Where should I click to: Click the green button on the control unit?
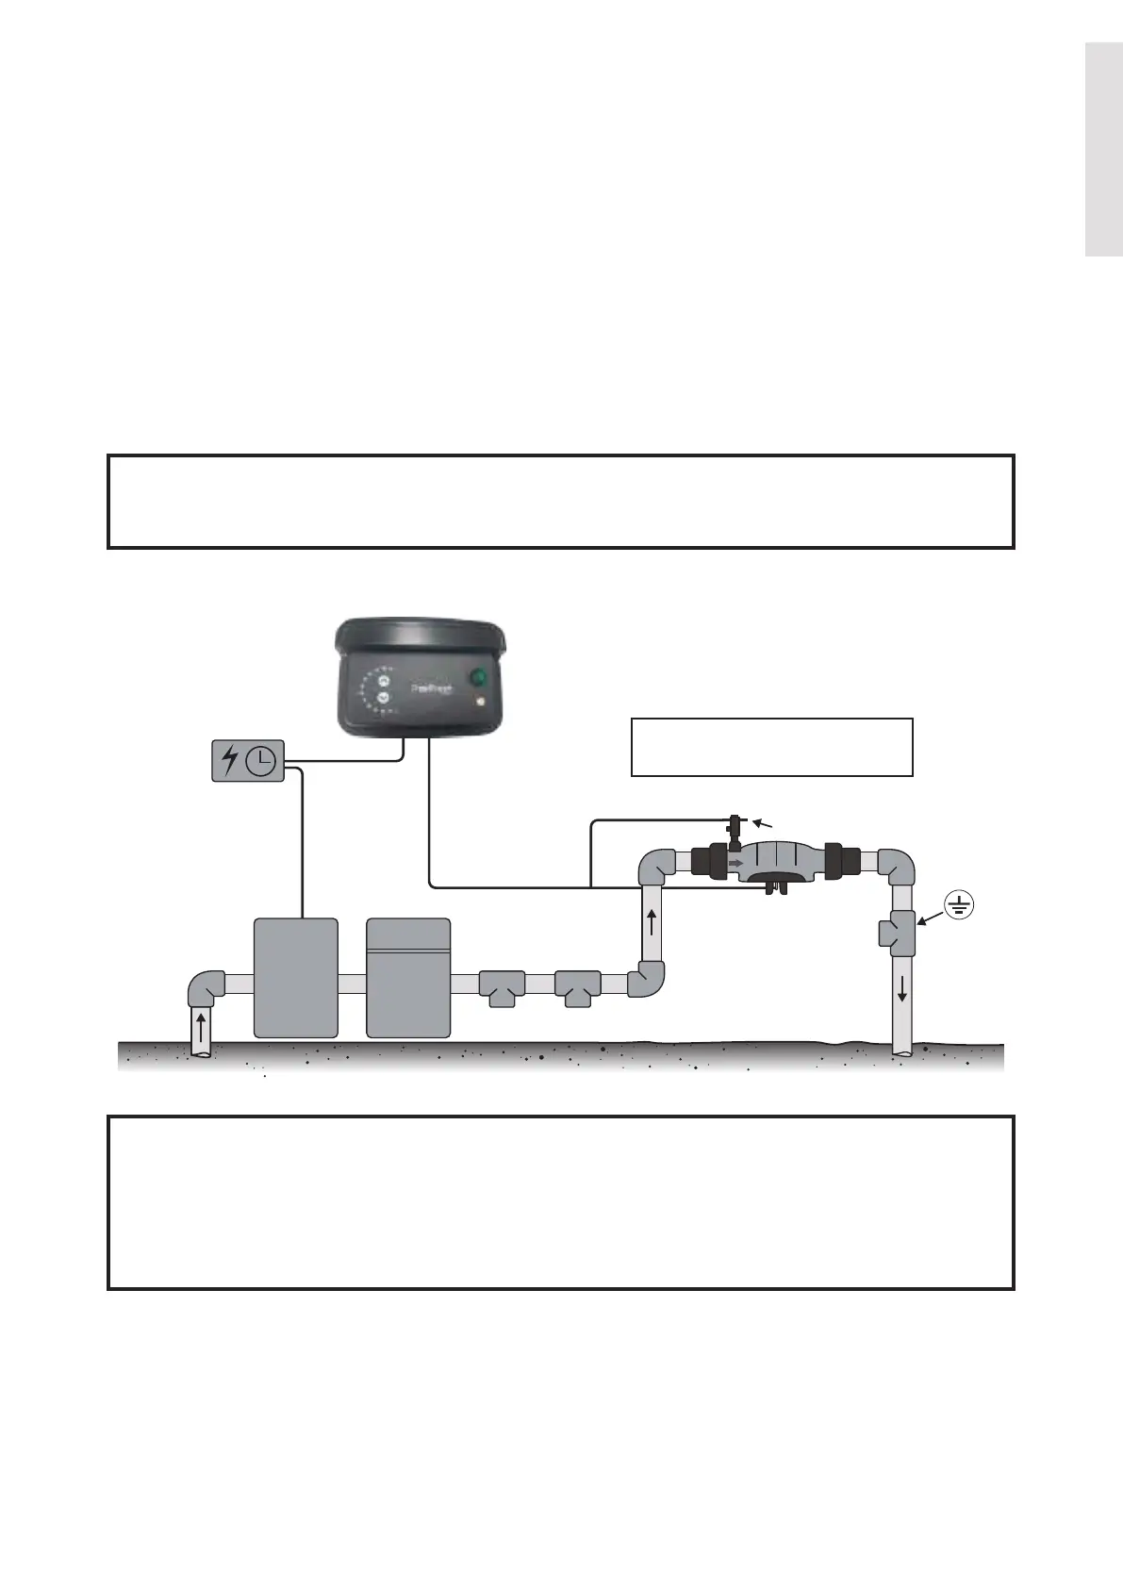(478, 677)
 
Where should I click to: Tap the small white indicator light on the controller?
(481, 703)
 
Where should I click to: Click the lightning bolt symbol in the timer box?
(229, 760)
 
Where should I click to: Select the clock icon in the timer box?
(261, 760)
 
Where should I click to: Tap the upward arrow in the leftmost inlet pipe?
(200, 1028)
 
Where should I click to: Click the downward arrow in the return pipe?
(903, 989)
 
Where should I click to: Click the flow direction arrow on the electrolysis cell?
(736, 862)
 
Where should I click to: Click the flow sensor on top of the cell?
(734, 829)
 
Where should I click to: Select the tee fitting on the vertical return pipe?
(900, 934)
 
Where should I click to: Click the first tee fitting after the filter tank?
(501, 987)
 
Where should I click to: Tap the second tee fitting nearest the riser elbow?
(577, 987)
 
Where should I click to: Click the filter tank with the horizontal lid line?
(407, 978)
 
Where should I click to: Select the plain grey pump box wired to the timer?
(296, 978)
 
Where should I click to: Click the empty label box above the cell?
(771, 747)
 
